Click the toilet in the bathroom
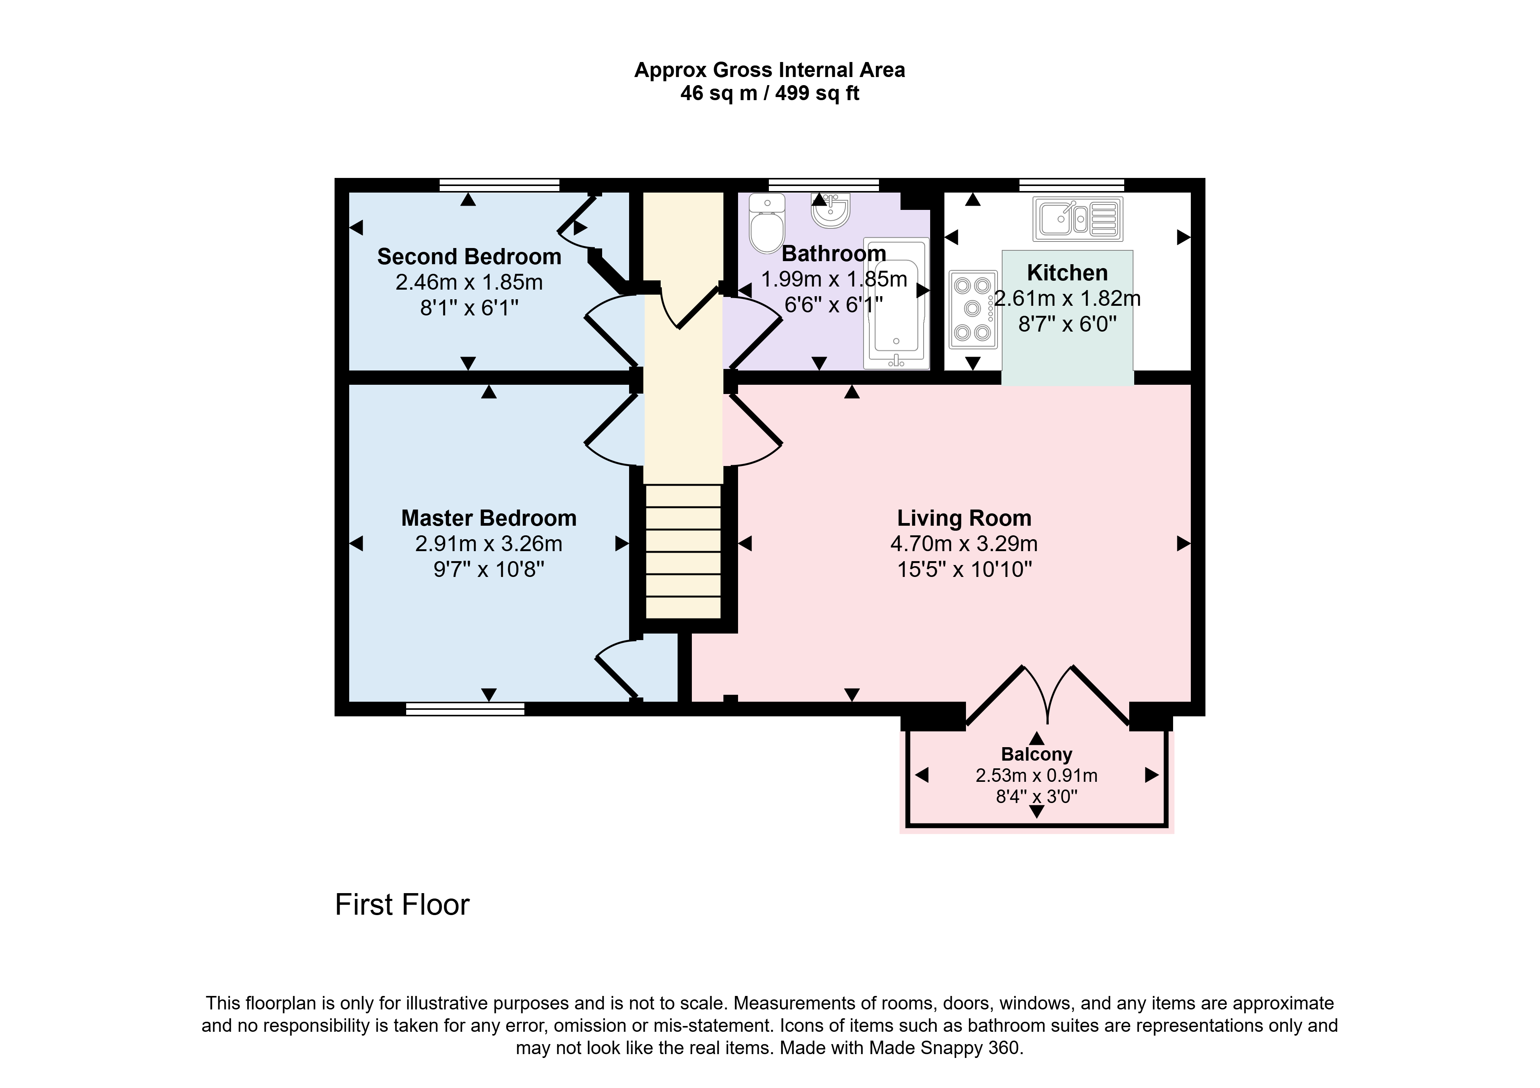[x=767, y=223]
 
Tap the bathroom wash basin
[x=831, y=210]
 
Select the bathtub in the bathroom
[x=896, y=303]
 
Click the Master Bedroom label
[x=489, y=518]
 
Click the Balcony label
[x=1036, y=754]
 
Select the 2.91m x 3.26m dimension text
[x=489, y=543]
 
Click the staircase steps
[x=683, y=552]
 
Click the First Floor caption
[x=402, y=905]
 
